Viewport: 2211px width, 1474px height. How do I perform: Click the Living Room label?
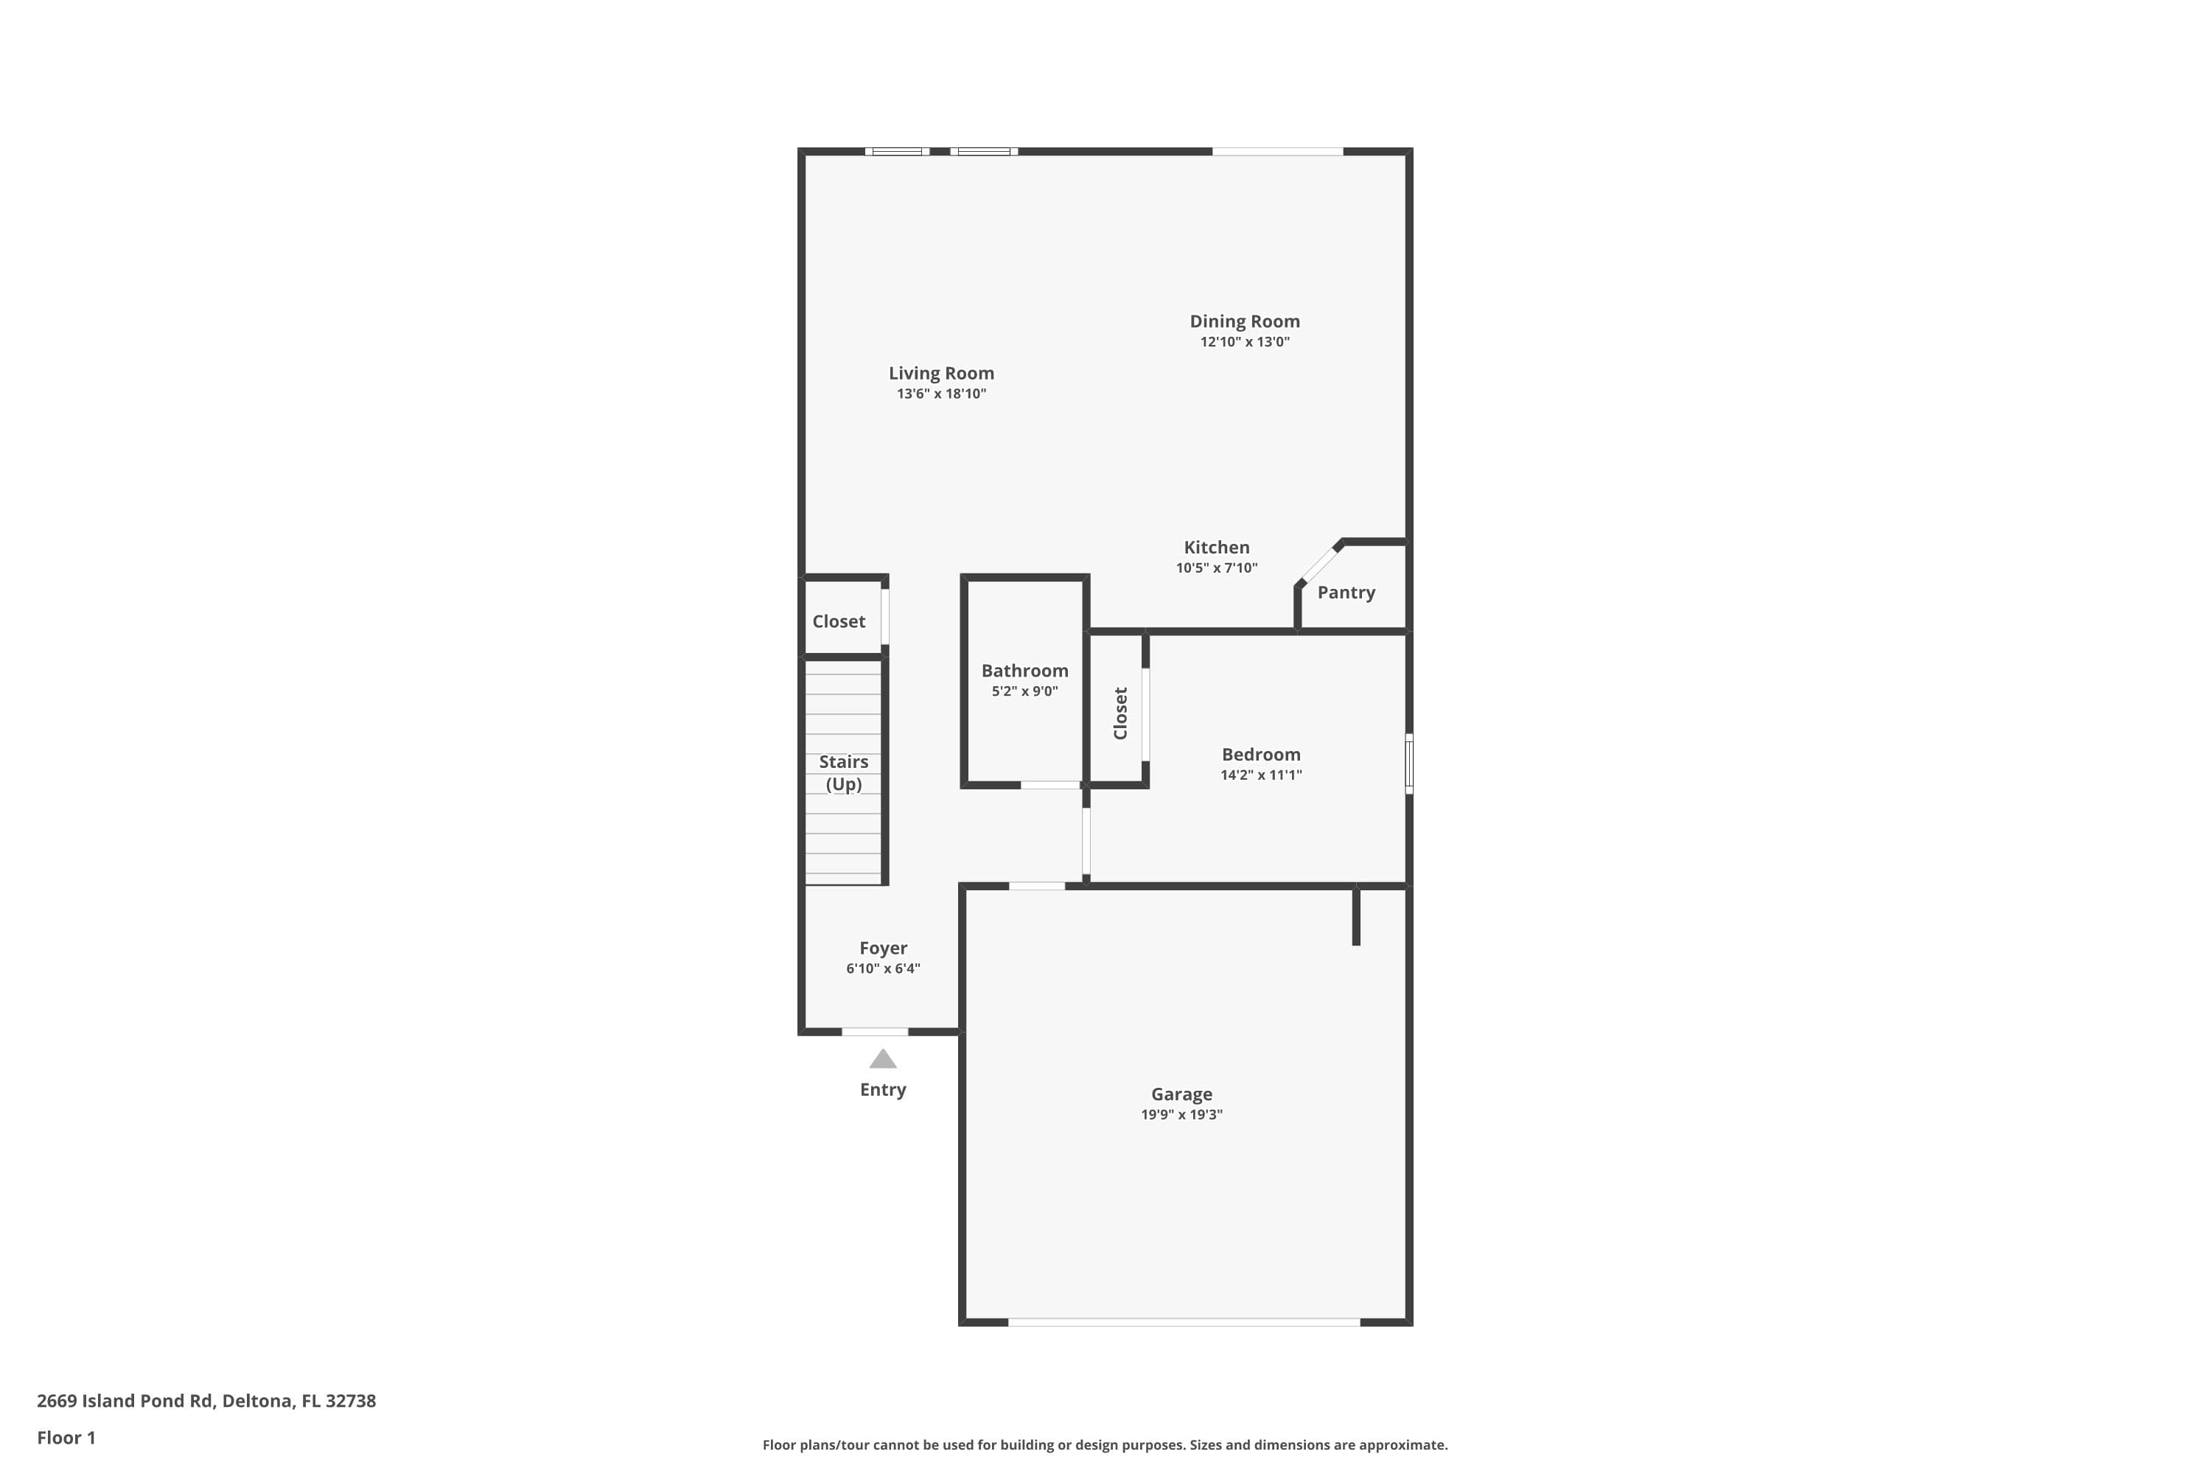(x=941, y=373)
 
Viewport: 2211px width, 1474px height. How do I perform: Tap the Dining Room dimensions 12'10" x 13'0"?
(x=1245, y=342)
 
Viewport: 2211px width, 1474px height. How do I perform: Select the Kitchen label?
(x=1217, y=547)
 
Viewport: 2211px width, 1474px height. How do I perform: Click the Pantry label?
(x=1345, y=593)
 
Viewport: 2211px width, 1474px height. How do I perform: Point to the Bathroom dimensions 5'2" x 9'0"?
(x=1024, y=692)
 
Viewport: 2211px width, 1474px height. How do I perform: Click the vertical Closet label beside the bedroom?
(x=1120, y=713)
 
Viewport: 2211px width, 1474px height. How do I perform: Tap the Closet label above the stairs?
(x=839, y=621)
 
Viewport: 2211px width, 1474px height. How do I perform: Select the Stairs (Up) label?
(x=843, y=772)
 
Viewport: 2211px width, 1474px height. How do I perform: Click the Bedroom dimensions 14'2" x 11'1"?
(x=1260, y=775)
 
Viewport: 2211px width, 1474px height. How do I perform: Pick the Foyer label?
(x=883, y=948)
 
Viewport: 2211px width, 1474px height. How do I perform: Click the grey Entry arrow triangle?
(x=883, y=1060)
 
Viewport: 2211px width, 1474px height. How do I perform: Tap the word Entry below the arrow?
(x=883, y=1089)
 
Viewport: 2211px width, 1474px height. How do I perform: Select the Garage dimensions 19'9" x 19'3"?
(x=1181, y=1115)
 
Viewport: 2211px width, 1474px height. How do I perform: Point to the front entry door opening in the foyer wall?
(x=874, y=1033)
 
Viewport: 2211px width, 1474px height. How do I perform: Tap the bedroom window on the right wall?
(x=1408, y=764)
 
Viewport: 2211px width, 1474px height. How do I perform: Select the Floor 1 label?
(x=66, y=1437)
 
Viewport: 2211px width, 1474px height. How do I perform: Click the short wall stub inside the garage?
(x=1355, y=917)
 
